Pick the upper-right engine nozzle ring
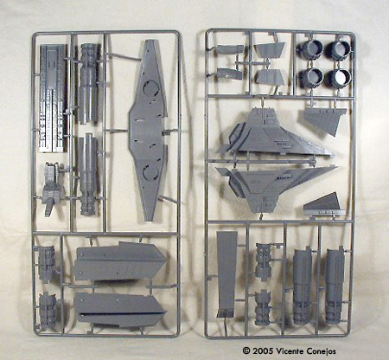point(339,49)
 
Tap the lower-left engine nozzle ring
point(311,77)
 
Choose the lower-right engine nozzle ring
point(339,78)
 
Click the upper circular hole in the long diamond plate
point(150,89)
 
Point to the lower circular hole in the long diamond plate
point(150,170)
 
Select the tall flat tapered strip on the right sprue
point(226,274)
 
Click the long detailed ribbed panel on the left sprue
point(54,98)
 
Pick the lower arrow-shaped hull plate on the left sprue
point(119,310)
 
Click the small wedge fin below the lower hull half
point(325,205)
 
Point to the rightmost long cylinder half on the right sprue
point(335,285)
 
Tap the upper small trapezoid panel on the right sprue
point(270,49)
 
